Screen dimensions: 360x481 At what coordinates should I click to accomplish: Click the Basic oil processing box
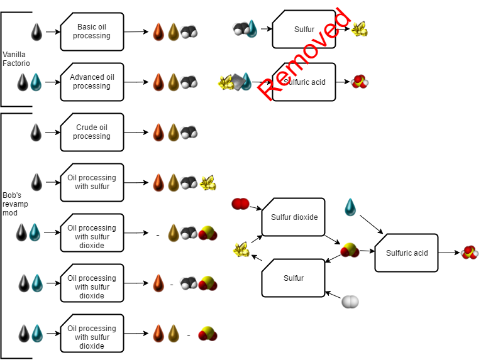92,31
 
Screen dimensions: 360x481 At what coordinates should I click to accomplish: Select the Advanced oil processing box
92,82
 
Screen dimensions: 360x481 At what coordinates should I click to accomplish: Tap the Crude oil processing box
92,132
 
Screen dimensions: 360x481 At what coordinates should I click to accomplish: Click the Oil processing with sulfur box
92,182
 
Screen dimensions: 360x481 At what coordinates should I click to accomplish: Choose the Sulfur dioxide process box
294,217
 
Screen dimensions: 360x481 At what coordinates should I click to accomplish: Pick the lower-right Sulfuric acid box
406,253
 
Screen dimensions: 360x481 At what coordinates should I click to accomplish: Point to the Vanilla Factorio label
16,59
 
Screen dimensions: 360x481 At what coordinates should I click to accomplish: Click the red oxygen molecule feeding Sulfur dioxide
240,204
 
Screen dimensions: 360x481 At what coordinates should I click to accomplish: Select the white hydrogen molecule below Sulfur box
350,302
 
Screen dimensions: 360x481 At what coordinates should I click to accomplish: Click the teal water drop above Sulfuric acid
350,207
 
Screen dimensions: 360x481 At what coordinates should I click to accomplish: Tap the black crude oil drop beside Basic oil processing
37,31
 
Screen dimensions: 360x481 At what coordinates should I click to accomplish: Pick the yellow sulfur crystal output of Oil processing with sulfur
207,183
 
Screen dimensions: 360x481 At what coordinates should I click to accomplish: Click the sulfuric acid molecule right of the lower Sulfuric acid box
468,253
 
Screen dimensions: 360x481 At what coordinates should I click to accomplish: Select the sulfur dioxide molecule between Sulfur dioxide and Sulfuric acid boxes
350,251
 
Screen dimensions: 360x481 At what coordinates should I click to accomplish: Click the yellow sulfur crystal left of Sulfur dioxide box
241,250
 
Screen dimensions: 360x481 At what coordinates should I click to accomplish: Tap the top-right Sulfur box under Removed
304,29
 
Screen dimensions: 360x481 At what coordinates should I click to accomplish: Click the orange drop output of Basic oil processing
158,31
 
